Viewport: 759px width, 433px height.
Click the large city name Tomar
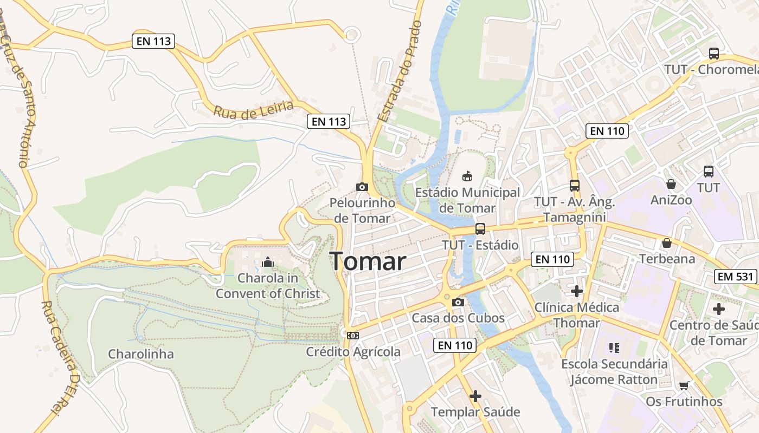(368, 262)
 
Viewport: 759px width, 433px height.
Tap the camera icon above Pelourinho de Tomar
(362, 187)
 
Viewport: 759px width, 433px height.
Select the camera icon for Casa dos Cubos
(458, 302)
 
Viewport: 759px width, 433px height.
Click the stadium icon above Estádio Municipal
(467, 176)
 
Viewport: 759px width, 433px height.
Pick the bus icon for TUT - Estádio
(480, 228)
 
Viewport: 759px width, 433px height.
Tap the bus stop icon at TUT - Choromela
(713, 54)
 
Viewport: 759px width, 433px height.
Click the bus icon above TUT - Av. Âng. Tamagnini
(575, 186)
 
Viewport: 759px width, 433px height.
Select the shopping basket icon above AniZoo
(671, 184)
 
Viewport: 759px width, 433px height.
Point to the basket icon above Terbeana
(666, 243)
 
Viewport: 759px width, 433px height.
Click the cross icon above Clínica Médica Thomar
(577, 291)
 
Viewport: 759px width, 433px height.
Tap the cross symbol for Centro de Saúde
(719, 309)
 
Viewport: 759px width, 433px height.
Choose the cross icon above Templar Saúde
(475, 396)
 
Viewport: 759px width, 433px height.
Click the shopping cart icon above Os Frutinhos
(684, 385)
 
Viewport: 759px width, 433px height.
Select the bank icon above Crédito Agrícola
(353, 336)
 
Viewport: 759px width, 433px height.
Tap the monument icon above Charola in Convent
(267, 263)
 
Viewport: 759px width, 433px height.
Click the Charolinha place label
(141, 354)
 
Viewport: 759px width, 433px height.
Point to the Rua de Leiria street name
(254, 108)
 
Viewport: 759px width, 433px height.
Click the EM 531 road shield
(736, 277)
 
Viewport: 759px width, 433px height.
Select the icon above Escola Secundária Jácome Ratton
(614, 347)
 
